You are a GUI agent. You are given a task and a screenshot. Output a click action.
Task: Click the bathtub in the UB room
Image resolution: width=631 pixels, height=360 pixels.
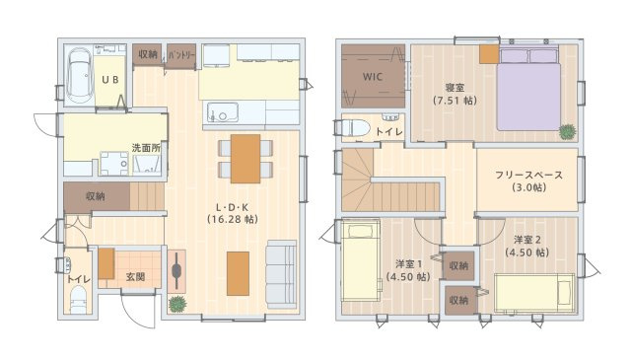(x=79, y=75)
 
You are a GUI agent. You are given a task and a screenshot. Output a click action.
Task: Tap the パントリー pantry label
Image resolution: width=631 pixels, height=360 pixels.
(x=181, y=55)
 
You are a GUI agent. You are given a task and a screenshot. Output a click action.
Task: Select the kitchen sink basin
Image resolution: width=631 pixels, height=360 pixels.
(x=223, y=112)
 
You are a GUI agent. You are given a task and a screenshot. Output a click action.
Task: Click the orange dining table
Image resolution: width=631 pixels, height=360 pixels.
(x=245, y=159)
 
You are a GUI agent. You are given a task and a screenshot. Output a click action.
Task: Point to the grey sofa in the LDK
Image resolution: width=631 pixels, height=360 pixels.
(x=281, y=274)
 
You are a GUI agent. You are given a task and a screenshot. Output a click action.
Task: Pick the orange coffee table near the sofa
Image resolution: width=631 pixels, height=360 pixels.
(x=238, y=273)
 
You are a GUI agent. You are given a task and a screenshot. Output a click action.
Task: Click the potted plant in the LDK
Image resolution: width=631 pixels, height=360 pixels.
(x=177, y=304)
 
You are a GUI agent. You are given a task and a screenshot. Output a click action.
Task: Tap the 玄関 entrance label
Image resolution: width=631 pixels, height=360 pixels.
(x=135, y=277)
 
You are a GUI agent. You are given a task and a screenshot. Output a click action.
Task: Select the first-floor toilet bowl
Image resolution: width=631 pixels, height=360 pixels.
(x=79, y=300)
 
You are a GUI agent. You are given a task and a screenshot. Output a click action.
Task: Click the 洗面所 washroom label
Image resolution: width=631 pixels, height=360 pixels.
(x=146, y=148)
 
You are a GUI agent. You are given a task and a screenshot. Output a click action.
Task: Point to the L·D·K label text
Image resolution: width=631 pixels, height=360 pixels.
(x=233, y=208)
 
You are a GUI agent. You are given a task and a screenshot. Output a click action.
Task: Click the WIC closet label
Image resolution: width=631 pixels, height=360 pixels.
(x=373, y=77)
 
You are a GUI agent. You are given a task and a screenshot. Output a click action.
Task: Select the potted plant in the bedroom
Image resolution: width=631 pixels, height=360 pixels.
(x=568, y=132)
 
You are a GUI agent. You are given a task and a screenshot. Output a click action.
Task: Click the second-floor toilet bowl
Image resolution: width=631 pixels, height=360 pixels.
(x=356, y=128)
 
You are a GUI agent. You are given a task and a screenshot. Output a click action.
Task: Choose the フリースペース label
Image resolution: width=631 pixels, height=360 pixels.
(x=528, y=176)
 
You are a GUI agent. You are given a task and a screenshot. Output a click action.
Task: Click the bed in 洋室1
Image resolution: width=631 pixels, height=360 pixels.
(x=361, y=261)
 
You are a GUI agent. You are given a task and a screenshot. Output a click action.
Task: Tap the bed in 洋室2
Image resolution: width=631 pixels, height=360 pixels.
(x=534, y=293)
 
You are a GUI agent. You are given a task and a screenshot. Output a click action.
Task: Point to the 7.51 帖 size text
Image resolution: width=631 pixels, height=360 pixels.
(x=455, y=101)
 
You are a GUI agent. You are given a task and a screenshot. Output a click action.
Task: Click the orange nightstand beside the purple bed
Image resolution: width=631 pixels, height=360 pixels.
(x=489, y=54)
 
